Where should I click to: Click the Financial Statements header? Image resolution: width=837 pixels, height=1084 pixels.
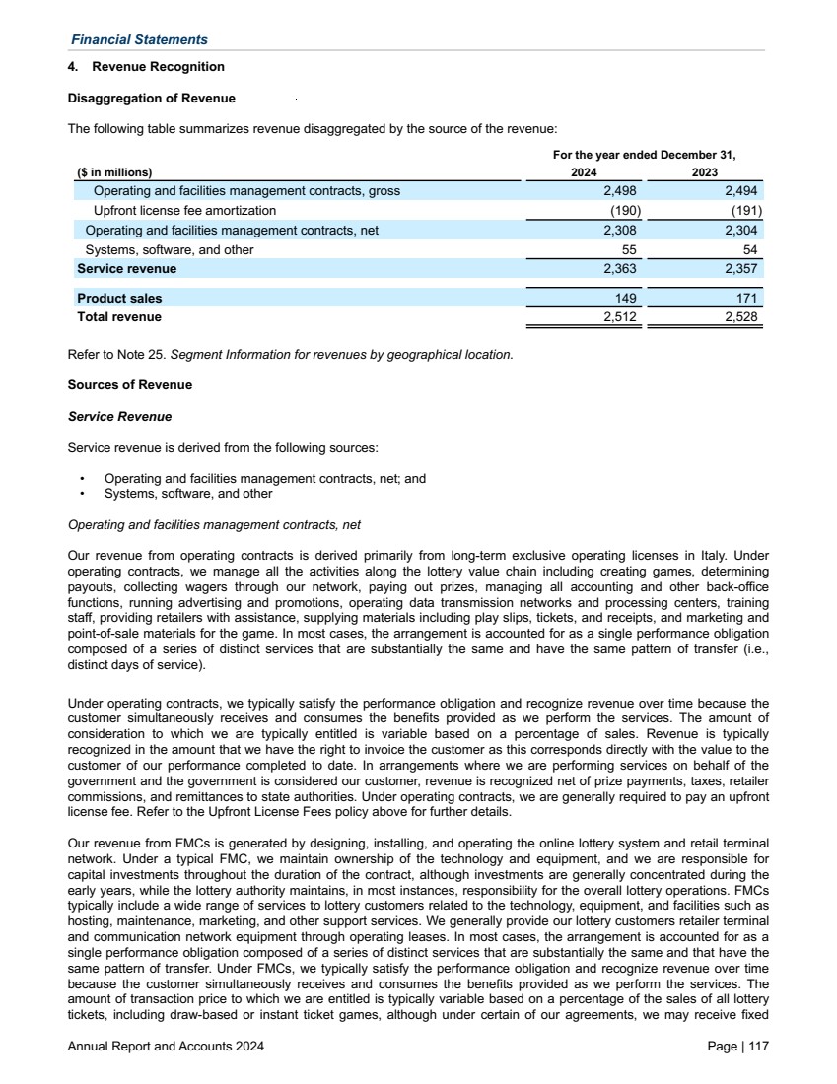[139, 39]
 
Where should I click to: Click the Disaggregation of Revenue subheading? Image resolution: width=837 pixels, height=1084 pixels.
[151, 99]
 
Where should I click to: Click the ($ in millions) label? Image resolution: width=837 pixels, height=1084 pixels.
[115, 171]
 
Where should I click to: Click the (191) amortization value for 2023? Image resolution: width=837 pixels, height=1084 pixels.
[745, 211]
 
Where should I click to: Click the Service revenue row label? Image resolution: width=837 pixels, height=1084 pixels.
[127, 269]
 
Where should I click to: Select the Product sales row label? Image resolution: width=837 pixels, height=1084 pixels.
[119, 299]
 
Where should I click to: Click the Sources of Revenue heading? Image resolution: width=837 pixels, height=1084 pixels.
[129, 384]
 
